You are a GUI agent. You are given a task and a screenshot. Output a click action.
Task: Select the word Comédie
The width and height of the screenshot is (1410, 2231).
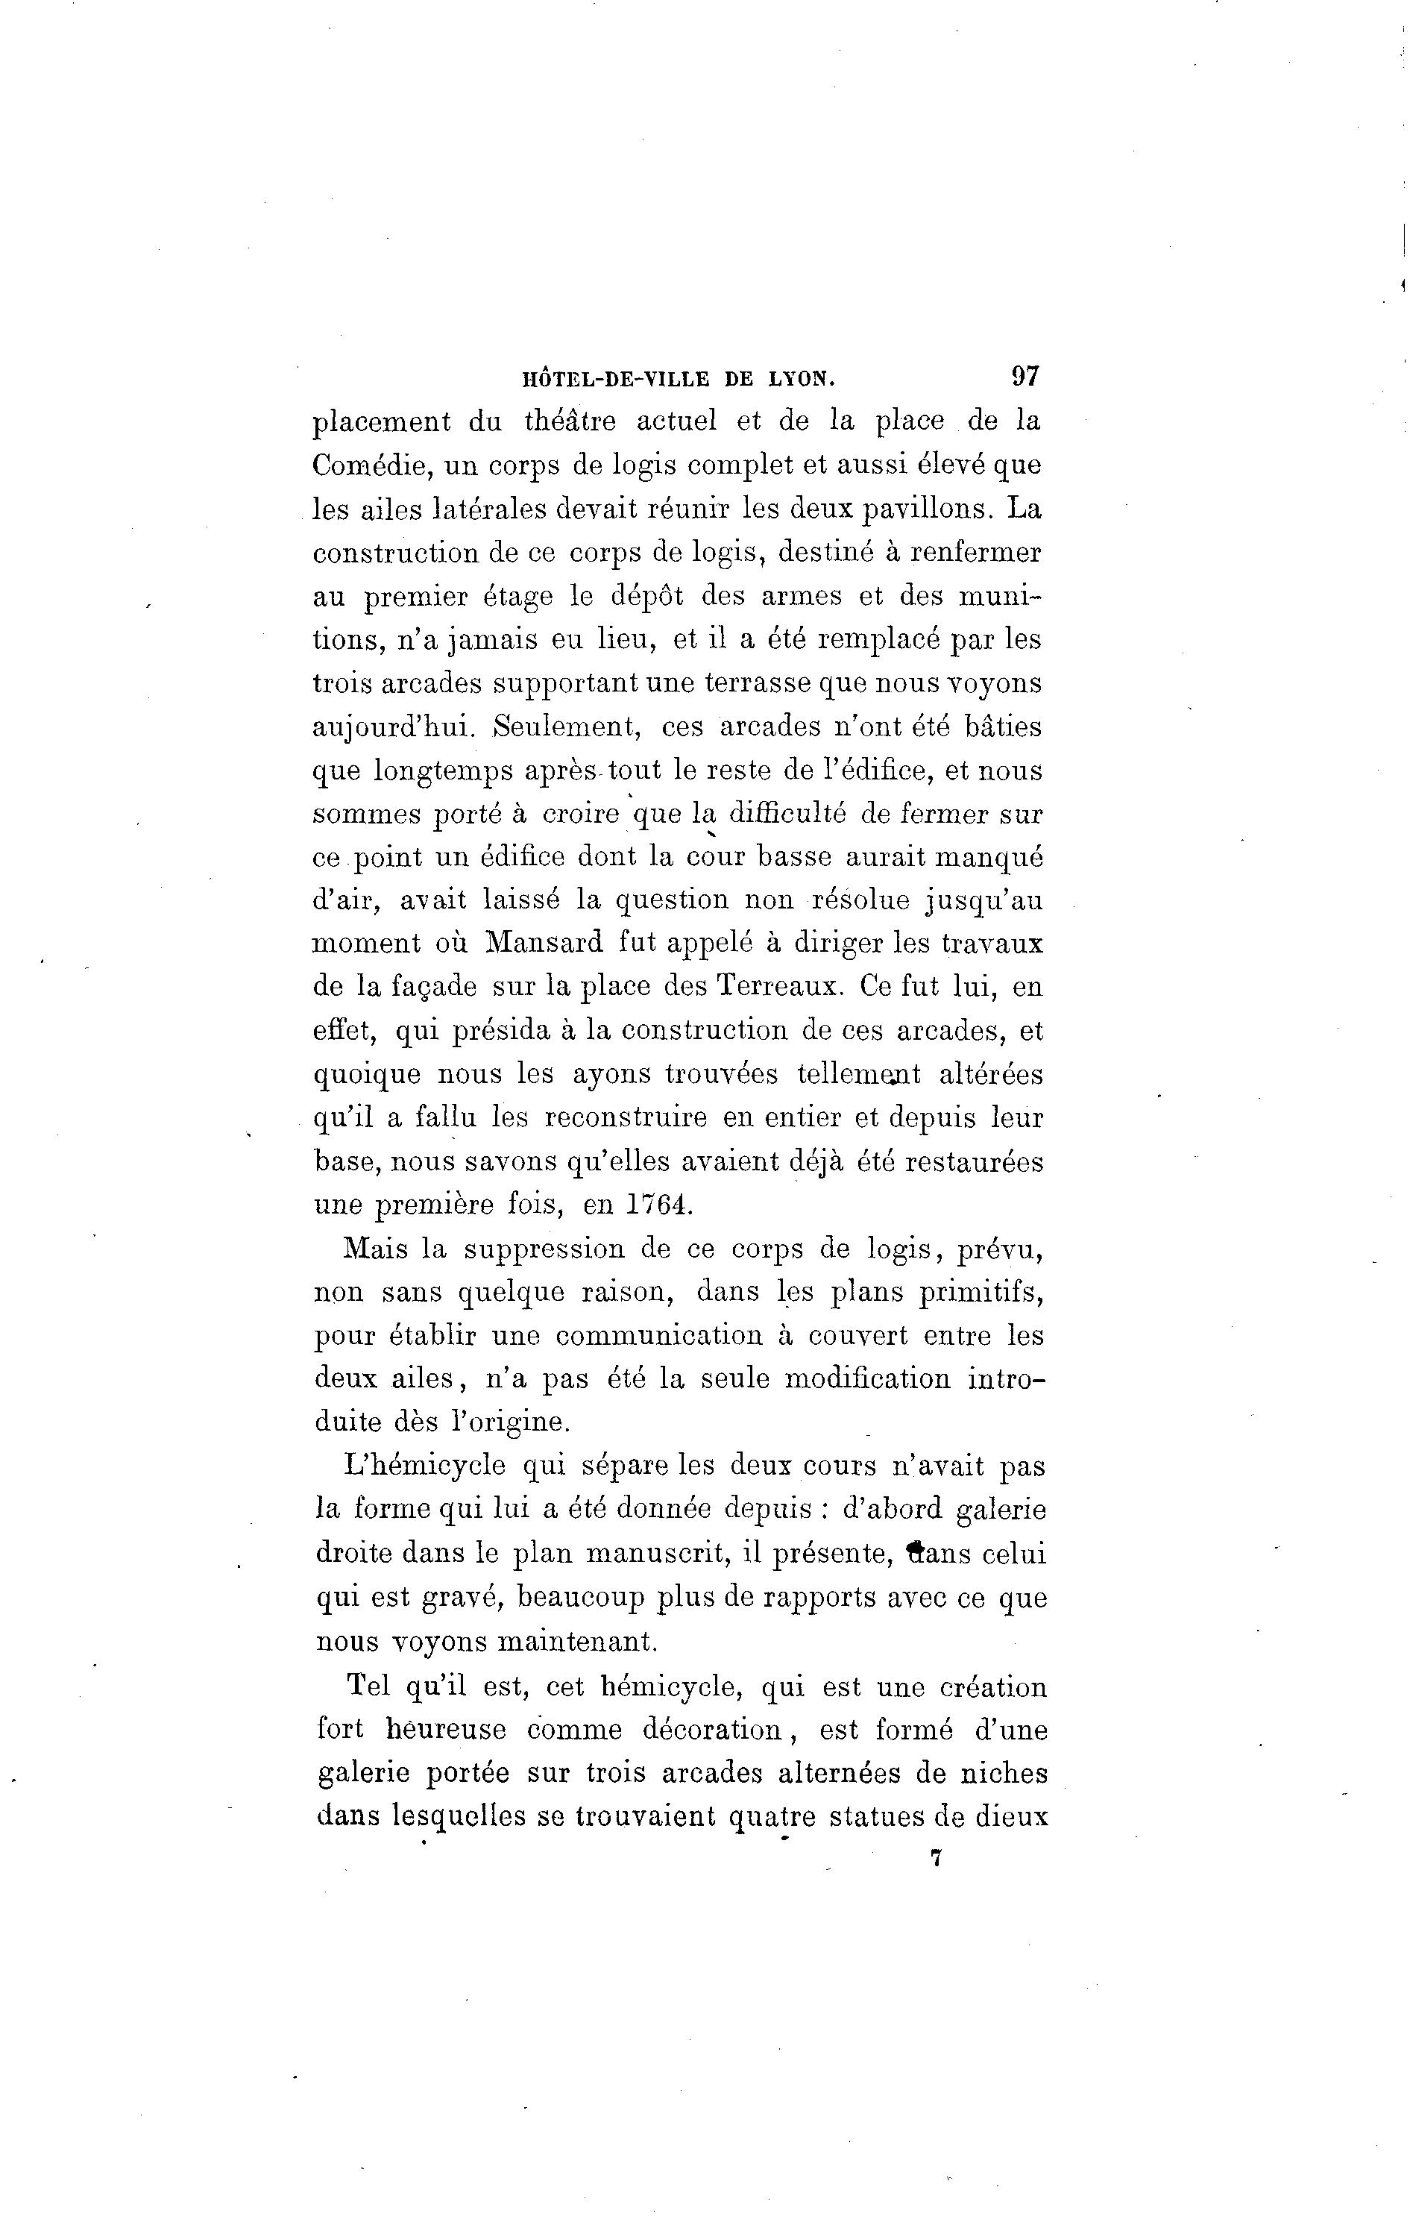point(372,466)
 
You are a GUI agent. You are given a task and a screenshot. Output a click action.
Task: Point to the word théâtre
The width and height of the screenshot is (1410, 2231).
point(570,421)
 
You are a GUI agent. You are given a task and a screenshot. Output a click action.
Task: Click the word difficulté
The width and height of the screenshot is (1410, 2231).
point(787,815)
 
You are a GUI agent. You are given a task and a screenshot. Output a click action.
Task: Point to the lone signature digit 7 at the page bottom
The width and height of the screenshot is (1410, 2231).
point(936,1859)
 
